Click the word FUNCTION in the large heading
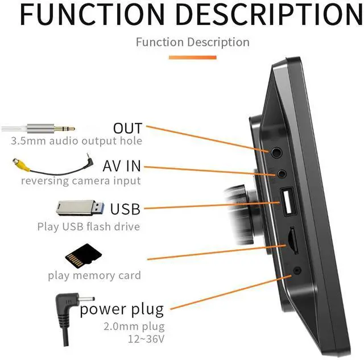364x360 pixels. click(92, 15)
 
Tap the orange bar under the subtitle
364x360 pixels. click(192, 57)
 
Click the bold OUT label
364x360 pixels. click(127, 128)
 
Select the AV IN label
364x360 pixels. click(122, 166)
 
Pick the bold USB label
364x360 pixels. click(125, 209)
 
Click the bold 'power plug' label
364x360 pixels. click(122, 309)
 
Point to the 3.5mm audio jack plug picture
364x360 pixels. click(38, 129)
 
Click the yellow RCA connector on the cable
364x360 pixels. click(22, 164)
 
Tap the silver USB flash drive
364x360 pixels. click(80, 208)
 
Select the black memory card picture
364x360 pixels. click(84, 256)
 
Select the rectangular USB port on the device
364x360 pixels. click(288, 201)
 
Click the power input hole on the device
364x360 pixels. click(297, 270)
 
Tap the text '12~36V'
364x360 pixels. click(146, 339)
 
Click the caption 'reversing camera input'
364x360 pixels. click(81, 181)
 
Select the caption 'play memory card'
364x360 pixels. click(94, 275)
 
